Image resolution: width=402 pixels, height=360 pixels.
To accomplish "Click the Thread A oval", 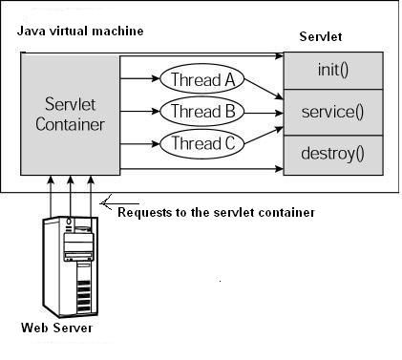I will tap(202, 79).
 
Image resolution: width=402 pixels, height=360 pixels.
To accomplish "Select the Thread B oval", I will tap(202, 112).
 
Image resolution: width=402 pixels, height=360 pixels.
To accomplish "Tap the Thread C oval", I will tap(202, 144).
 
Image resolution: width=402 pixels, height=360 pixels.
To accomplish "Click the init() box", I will tap(333, 72).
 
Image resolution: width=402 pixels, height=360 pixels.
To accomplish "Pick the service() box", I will tap(333, 112).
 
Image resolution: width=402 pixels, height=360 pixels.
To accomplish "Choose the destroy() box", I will tap(333, 153).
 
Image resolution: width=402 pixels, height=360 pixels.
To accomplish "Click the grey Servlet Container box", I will tap(70, 114).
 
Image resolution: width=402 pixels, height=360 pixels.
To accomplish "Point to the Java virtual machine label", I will tap(80, 31).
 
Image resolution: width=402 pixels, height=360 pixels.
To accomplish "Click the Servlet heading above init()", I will tap(320, 36).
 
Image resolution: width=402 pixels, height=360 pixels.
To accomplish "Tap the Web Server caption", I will tap(57, 328).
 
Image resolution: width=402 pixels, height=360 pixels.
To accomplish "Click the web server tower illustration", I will tap(72, 266).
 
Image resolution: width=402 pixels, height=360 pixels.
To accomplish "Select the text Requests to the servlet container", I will tap(216, 211).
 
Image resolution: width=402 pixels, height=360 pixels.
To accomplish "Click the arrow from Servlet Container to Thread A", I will tap(140, 80).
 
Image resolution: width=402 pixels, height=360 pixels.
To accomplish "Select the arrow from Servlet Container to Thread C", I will tap(140, 144).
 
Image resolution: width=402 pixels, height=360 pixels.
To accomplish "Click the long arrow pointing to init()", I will tap(201, 57).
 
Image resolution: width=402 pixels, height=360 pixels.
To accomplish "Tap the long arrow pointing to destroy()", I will tap(201, 169).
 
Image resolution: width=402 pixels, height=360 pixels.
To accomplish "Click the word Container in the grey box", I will tap(70, 124).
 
